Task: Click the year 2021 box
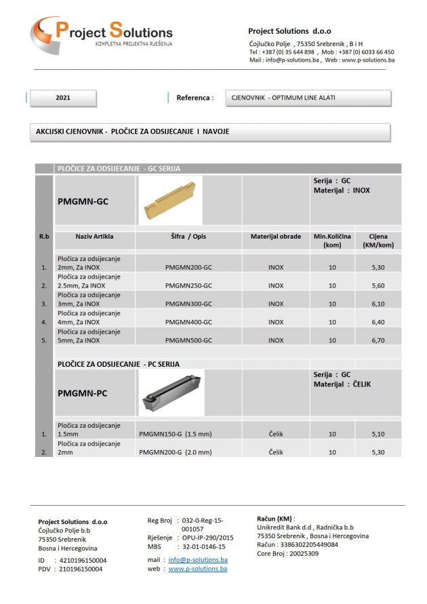[x=63, y=98]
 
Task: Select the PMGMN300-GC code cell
[x=188, y=304]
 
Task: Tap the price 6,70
[x=378, y=340]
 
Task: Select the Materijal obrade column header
[x=275, y=237]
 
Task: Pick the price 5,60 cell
[x=378, y=285]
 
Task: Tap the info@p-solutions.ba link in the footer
[x=198, y=560]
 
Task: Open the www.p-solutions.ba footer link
[x=198, y=569]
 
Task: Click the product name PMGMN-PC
[x=83, y=393]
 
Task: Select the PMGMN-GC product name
[x=83, y=201]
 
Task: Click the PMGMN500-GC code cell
[x=188, y=340]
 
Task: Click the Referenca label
[x=195, y=98]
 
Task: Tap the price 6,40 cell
[x=378, y=322]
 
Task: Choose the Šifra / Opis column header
[x=188, y=237]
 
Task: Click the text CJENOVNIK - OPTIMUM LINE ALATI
[x=283, y=98]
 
